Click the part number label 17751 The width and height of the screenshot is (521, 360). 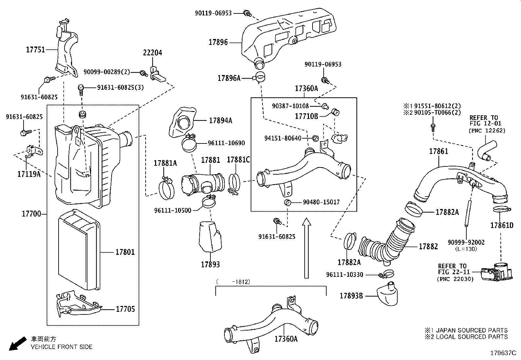[x=35, y=49]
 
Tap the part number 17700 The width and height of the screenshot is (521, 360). [x=31, y=214]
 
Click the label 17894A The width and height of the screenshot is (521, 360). [x=221, y=121]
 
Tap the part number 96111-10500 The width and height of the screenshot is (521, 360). [x=172, y=210]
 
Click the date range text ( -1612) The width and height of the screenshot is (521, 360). [x=233, y=281]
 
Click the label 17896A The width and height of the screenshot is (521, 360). [x=229, y=78]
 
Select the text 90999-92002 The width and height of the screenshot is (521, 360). [x=466, y=242]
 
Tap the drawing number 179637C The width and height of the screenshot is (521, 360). [x=503, y=353]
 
